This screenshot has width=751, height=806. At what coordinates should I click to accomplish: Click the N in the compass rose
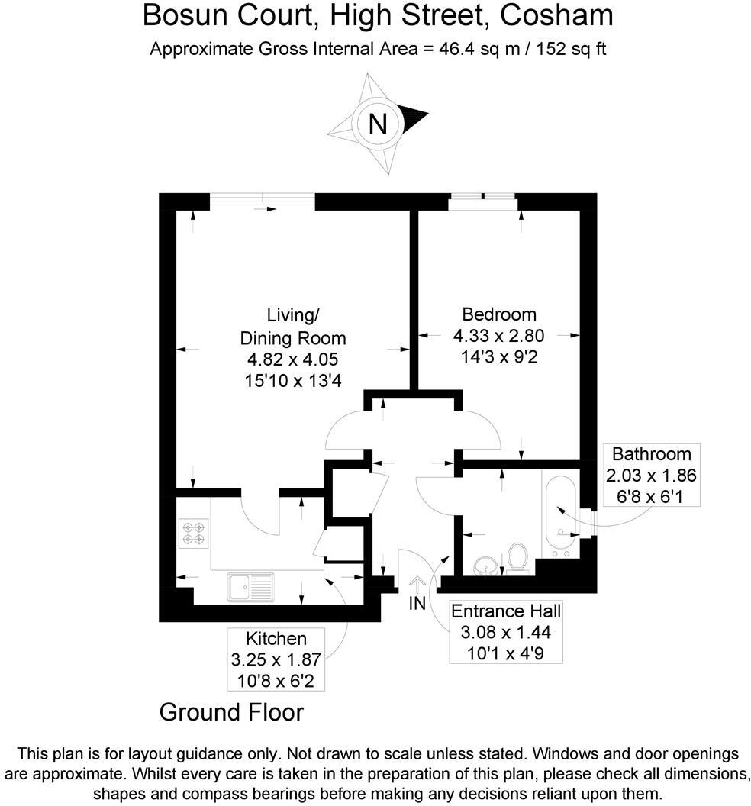click(x=377, y=124)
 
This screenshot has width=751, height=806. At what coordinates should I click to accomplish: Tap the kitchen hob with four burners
click(x=194, y=532)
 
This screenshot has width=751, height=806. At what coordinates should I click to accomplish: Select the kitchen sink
click(x=250, y=586)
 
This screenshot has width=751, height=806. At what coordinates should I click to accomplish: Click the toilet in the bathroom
click(x=518, y=557)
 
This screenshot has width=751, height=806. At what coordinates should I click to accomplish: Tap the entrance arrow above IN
click(x=417, y=584)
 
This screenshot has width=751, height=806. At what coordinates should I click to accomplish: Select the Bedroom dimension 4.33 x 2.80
click(x=498, y=335)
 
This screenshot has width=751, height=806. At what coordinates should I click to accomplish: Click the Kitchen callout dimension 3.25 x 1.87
click(x=276, y=659)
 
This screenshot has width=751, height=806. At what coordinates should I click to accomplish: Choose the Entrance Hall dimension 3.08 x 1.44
click(x=506, y=632)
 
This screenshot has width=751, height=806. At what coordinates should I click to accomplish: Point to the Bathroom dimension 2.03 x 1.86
click(x=651, y=475)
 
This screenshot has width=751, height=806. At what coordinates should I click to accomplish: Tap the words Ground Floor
click(x=231, y=712)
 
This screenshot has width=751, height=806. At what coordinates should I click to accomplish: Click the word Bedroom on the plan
click(x=499, y=314)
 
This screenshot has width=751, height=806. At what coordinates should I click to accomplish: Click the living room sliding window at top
click(x=262, y=201)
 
